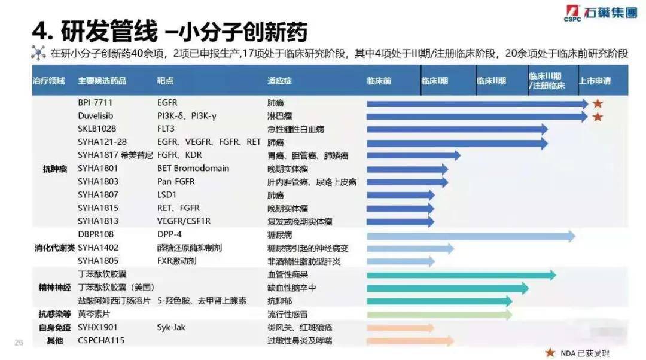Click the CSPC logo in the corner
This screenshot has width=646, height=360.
click(601, 13)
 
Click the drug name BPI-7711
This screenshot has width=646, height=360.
click(95, 103)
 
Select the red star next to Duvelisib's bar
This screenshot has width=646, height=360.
click(598, 117)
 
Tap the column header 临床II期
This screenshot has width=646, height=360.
click(490, 81)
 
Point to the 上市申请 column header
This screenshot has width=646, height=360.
click(595, 81)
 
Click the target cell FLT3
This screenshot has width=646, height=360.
click(166, 129)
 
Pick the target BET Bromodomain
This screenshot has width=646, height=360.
click(193, 169)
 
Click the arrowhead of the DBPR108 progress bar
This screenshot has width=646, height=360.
click(572, 236)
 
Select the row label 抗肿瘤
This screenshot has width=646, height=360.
click(55, 169)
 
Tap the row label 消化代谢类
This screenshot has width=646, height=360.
click(55, 248)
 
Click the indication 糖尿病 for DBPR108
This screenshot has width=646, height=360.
click(279, 235)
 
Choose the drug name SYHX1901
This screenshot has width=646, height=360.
click(97, 328)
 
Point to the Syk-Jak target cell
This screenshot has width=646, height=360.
click(171, 328)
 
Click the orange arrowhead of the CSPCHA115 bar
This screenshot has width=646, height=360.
click(450, 341)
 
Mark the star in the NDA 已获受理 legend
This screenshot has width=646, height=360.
click(550, 353)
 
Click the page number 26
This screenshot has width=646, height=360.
click(19, 342)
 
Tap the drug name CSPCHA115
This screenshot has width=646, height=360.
click(101, 341)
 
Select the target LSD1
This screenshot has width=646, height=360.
click(166, 195)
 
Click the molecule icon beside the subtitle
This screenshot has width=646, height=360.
click(38, 53)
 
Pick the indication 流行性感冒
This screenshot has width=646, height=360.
click(288, 315)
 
